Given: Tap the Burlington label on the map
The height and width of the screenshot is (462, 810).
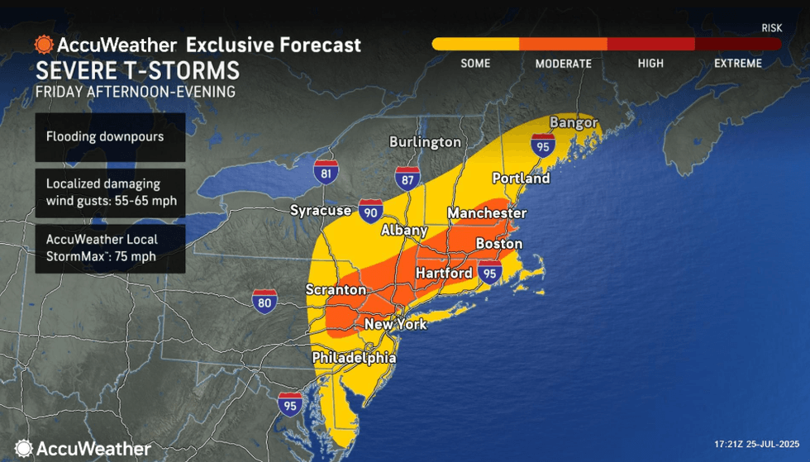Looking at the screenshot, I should click(425, 142).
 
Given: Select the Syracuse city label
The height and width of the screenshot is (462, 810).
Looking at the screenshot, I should click(322, 211).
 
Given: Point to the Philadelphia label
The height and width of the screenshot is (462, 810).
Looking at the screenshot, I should click(354, 358).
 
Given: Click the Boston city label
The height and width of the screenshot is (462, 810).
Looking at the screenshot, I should click(498, 244).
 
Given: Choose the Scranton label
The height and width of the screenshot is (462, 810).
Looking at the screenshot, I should click(335, 290).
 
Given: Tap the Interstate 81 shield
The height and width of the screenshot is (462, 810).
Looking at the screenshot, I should click(326, 172).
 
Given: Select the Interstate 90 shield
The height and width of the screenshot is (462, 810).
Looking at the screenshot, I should click(370, 212).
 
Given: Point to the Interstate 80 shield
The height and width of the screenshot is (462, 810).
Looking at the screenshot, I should click(264, 301).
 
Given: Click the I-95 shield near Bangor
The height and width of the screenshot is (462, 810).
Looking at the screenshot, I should click(542, 146).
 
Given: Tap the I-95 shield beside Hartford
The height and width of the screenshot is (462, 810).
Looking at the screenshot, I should click(490, 272).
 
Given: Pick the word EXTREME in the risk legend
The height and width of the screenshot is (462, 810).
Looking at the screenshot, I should click(736, 64).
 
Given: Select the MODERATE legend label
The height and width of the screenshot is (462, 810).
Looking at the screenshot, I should click(563, 64).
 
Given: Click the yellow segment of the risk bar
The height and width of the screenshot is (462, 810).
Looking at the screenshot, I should click(475, 44).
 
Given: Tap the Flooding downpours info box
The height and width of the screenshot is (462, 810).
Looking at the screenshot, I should click(110, 136).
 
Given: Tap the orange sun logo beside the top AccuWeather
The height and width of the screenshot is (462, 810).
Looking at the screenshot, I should click(44, 44).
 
